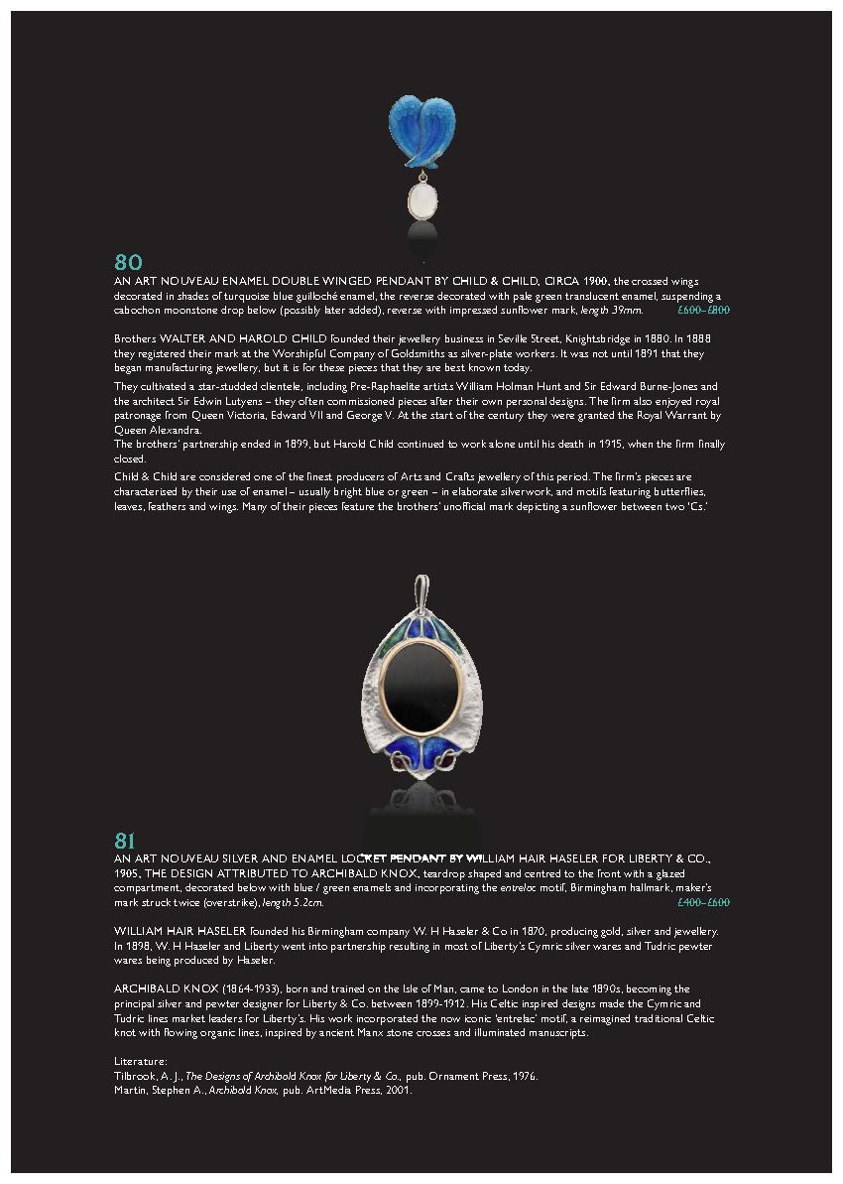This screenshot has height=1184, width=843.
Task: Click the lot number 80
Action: coord(128,263)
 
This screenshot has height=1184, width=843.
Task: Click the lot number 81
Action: coord(125,841)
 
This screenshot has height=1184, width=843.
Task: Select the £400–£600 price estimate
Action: coord(703,903)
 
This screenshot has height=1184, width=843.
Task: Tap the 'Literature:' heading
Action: coord(141,1061)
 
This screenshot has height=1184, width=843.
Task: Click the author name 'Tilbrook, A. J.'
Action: coord(148,1076)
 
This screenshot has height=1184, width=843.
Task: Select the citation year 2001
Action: coord(398,1090)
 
